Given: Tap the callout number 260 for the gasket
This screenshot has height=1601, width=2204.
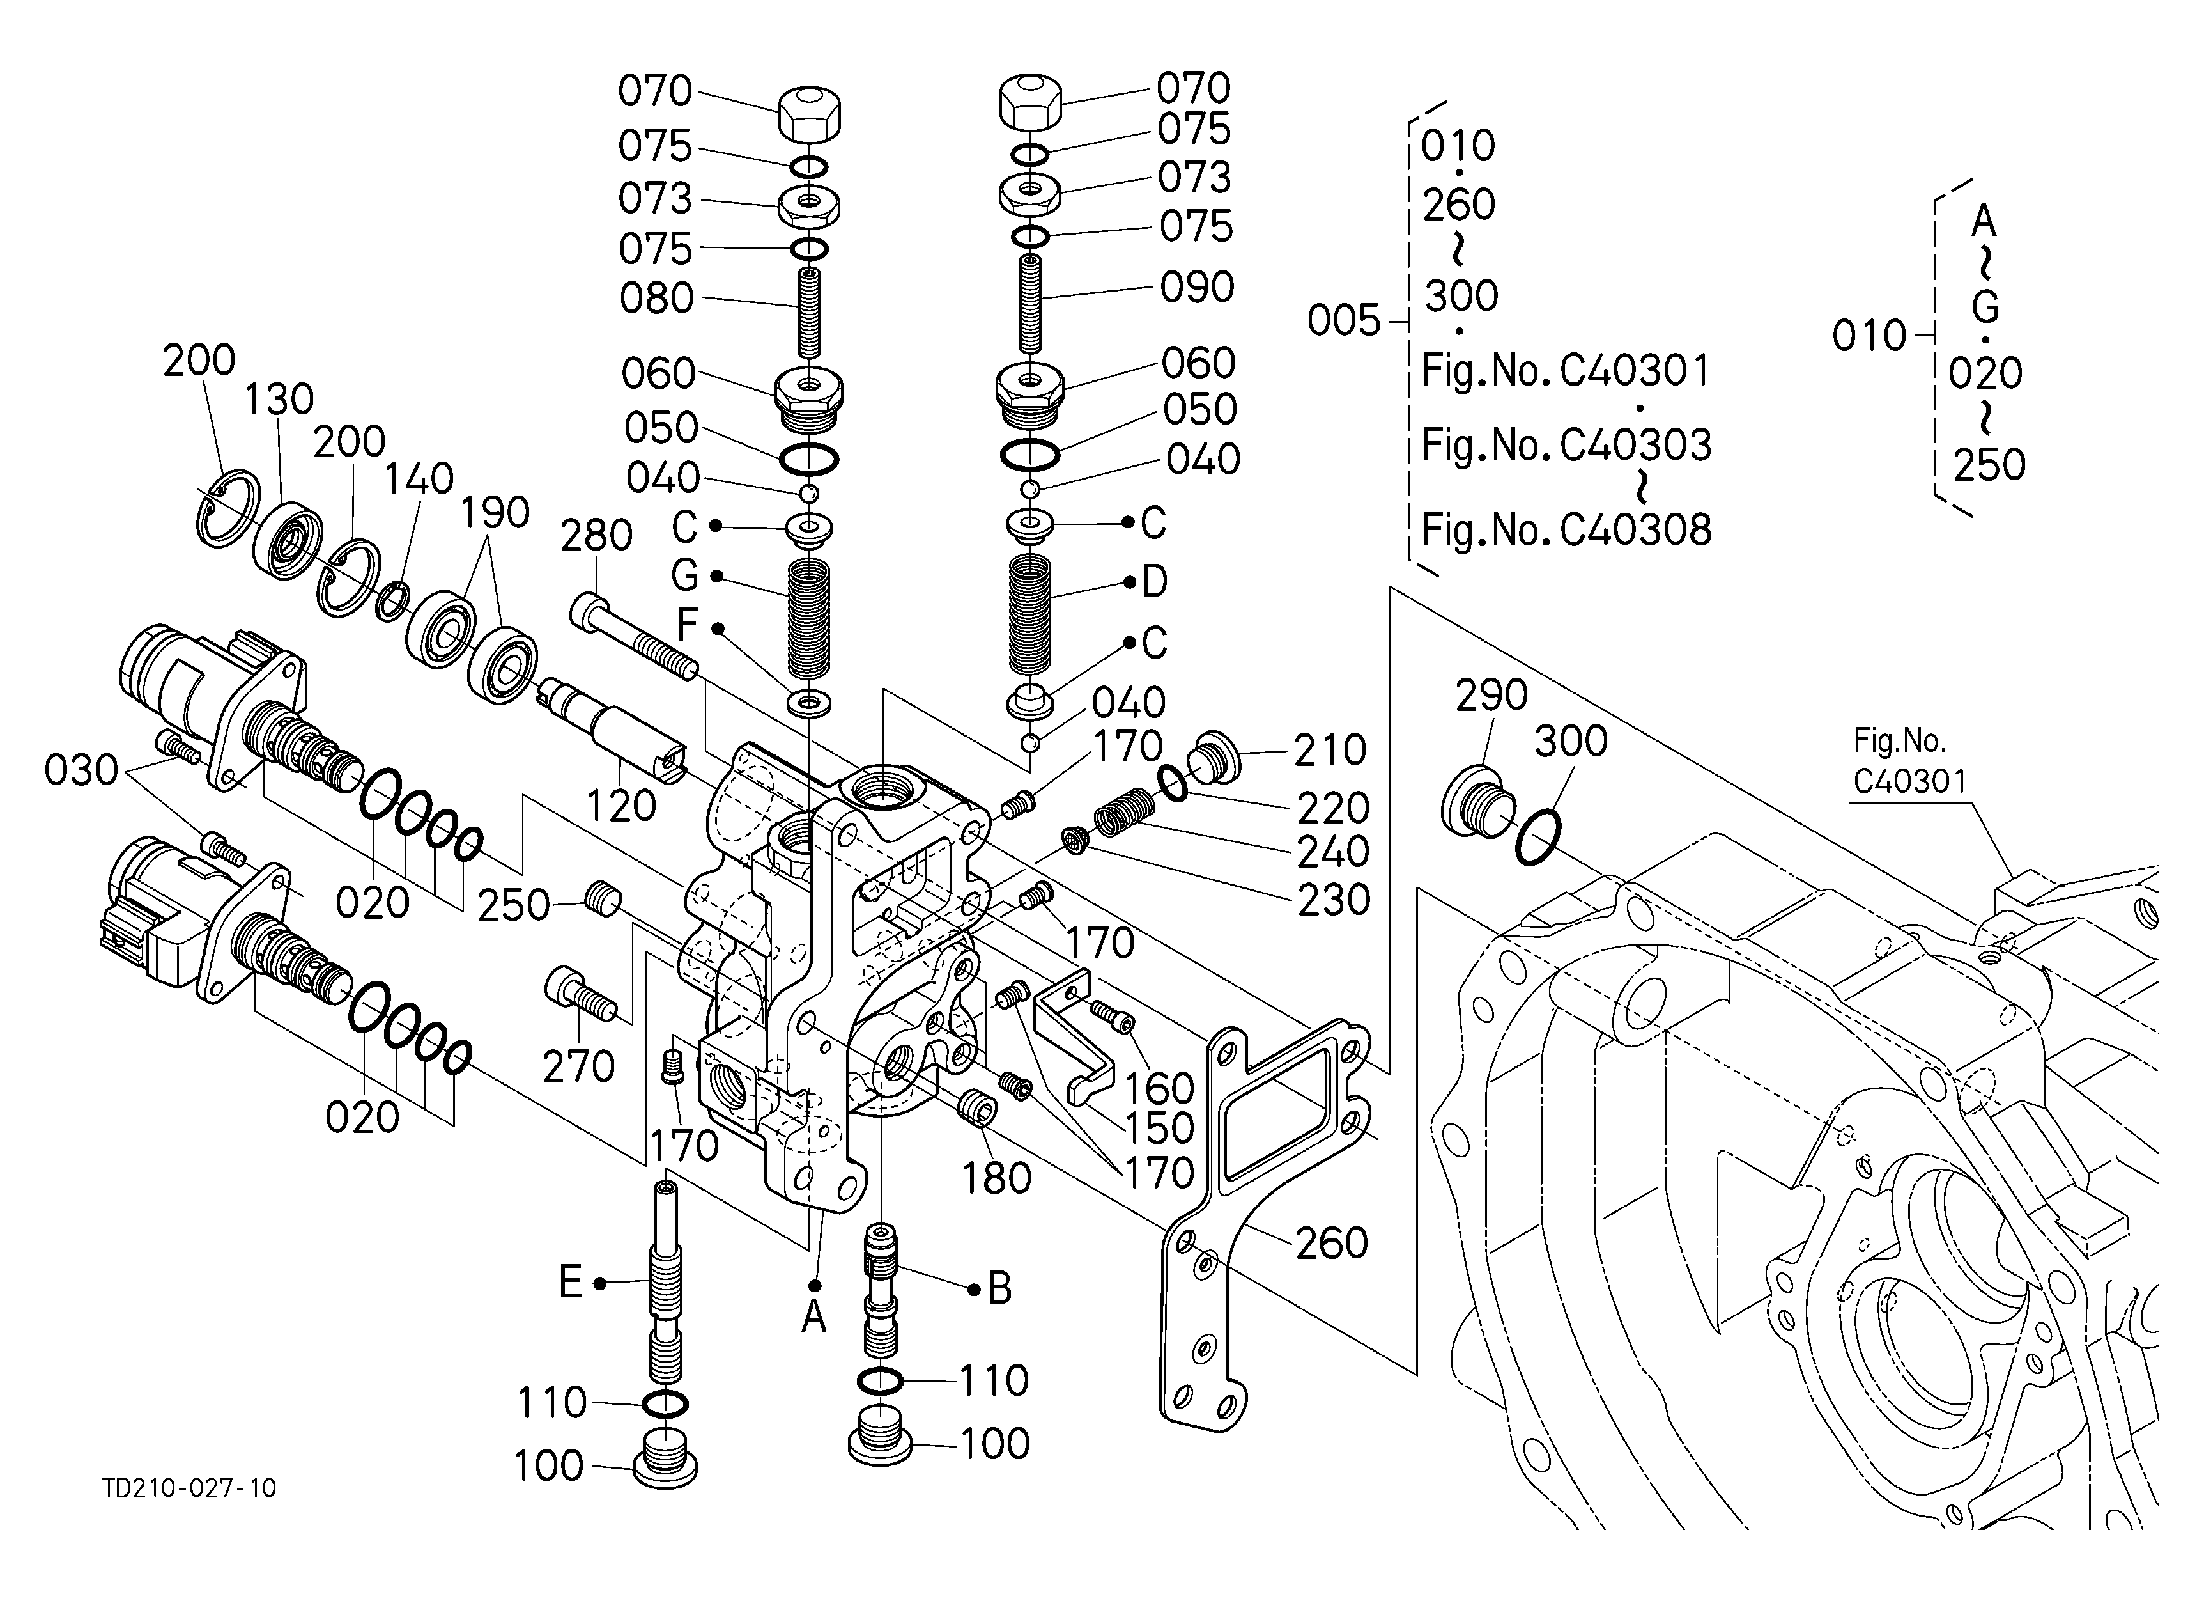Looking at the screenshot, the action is (x=1331, y=1244).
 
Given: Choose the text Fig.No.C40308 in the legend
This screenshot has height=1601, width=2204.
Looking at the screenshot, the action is (x=1566, y=531).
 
